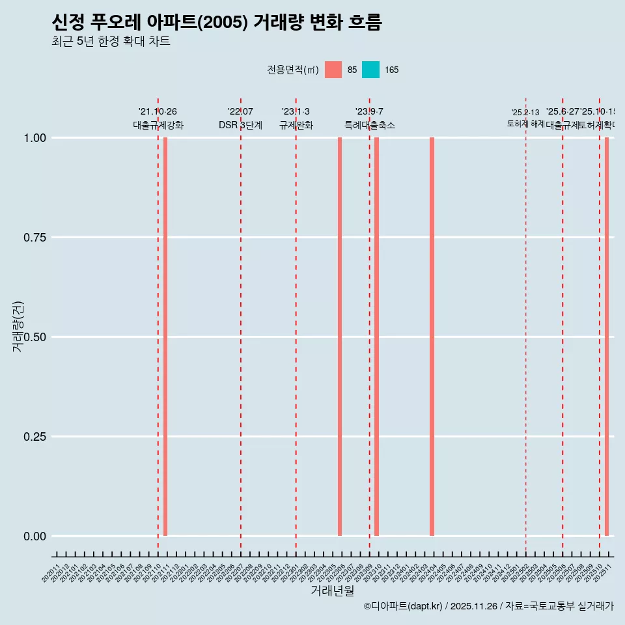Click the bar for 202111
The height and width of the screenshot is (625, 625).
(x=165, y=337)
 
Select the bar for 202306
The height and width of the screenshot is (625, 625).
(x=340, y=337)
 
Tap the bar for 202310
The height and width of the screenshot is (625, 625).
(x=376, y=337)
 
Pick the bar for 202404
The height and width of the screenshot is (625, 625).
(x=432, y=337)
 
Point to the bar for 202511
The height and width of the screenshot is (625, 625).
(x=607, y=337)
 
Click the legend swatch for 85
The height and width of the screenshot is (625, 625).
(x=333, y=70)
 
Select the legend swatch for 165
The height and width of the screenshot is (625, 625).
(x=370, y=70)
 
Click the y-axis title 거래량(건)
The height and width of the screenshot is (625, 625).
(x=18, y=326)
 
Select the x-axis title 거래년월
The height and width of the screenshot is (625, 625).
(x=332, y=591)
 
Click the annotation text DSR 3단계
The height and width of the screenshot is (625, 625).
(x=240, y=125)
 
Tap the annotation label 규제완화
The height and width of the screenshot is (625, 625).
(x=296, y=125)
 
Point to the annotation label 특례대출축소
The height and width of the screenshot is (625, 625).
(x=370, y=125)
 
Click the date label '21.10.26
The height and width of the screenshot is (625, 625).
(x=158, y=112)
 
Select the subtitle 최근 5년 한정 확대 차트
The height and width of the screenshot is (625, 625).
(x=111, y=42)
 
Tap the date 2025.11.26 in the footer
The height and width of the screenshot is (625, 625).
(x=473, y=606)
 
